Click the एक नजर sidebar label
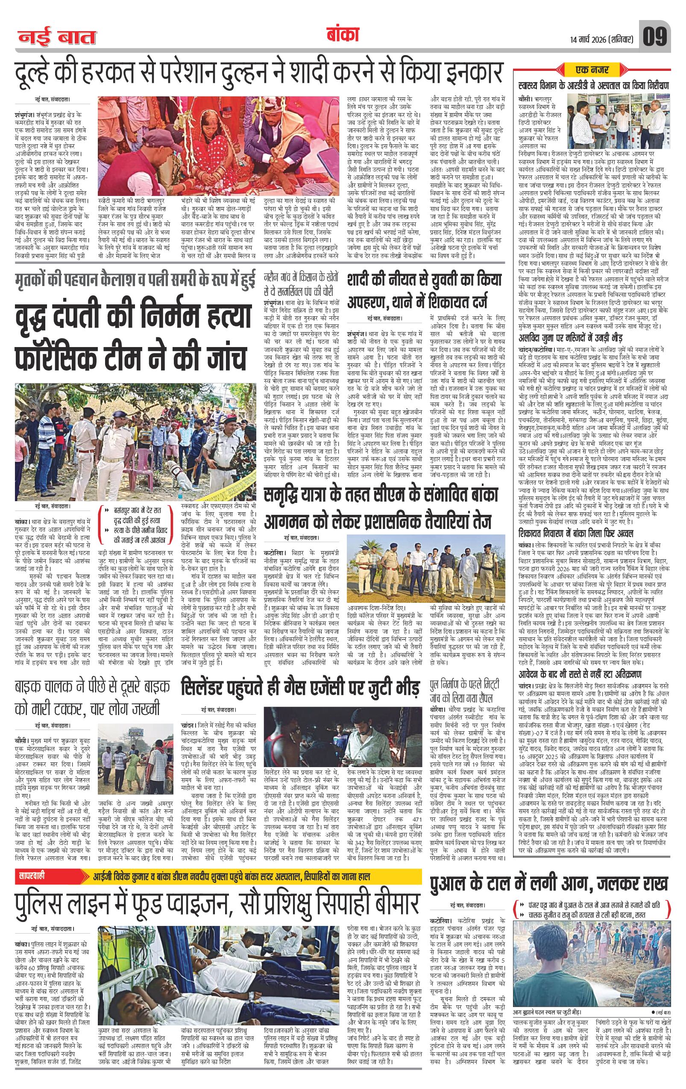592,70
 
